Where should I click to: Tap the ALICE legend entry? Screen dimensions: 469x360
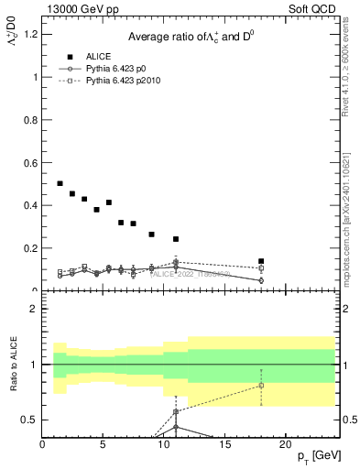click(99, 56)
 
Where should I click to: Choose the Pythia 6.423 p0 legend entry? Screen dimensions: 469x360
click(114, 69)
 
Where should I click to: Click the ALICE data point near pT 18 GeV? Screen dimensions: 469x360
click(261, 261)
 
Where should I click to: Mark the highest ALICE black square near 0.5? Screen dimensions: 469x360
click(60, 183)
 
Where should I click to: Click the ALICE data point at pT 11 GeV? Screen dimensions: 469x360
click(176, 239)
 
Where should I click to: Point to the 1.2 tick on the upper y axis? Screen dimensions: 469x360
click(30, 34)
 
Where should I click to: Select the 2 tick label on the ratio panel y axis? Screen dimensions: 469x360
click(34, 309)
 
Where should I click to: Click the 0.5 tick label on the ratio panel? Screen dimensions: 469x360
click(30, 420)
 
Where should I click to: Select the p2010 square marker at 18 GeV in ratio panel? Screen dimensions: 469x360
click(261, 386)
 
